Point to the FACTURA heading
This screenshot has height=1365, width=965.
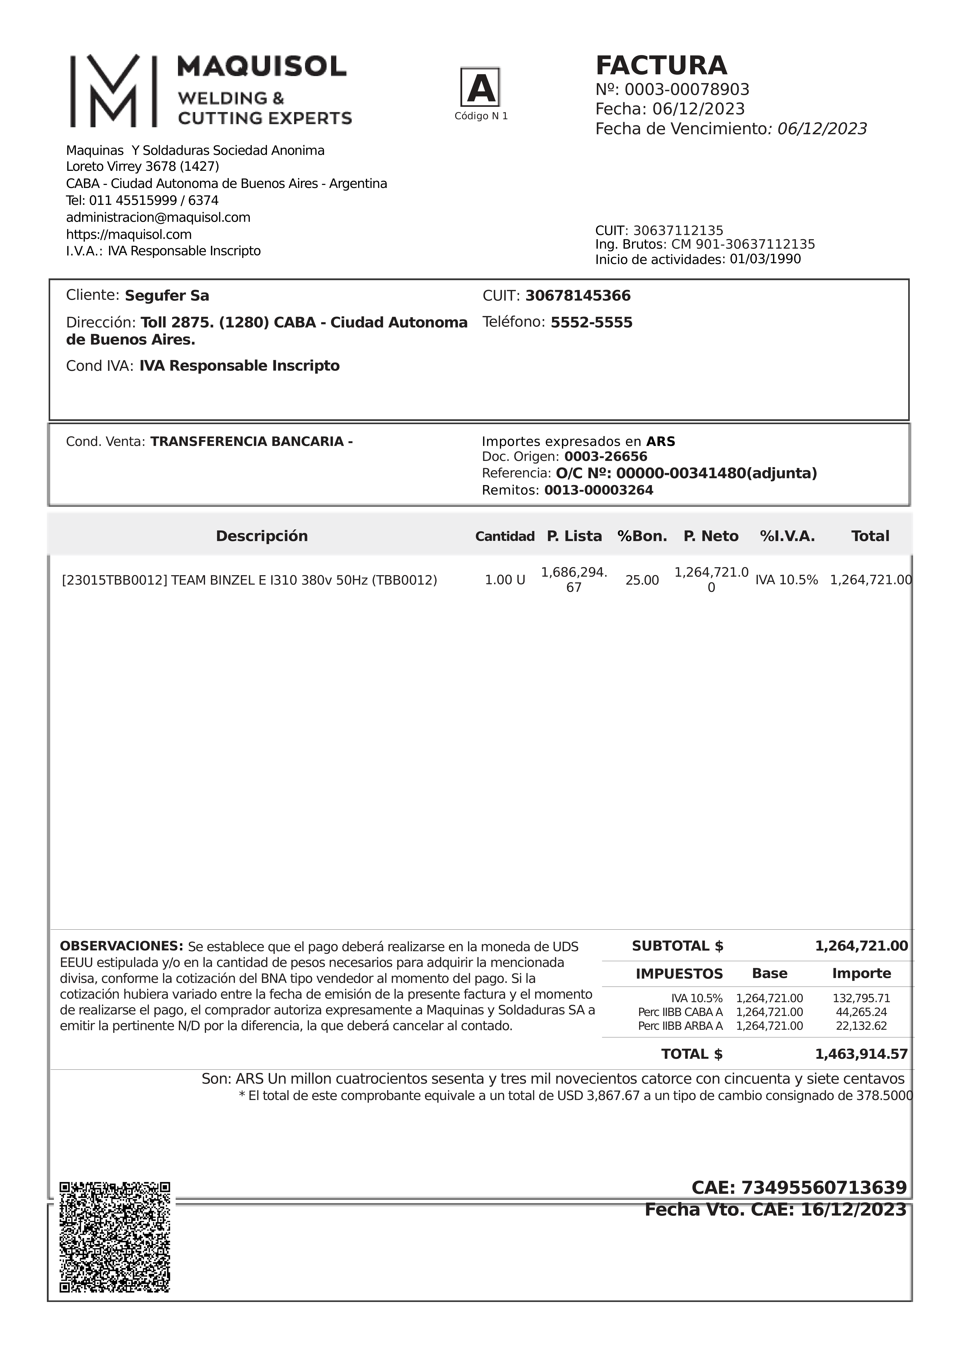661,65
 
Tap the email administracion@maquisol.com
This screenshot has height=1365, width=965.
158,218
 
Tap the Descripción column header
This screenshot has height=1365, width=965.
262,536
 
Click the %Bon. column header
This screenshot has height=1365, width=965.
642,536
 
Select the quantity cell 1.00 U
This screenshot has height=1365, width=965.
505,580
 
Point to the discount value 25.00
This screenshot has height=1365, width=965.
642,580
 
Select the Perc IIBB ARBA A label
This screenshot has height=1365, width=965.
680,1026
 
